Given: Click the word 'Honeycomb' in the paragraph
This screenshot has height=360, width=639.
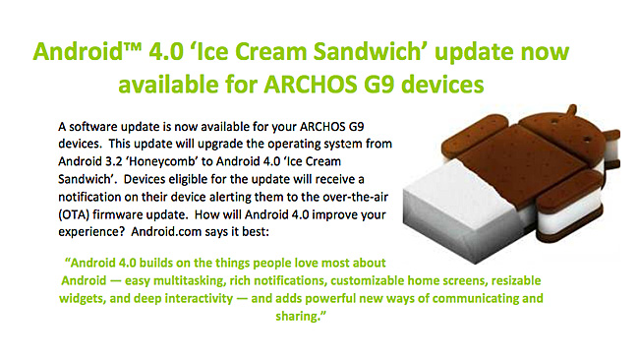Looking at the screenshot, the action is click(x=164, y=162).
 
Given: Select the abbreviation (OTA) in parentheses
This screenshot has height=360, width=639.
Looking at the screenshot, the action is click(x=74, y=214).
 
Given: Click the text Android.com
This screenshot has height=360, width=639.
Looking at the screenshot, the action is click(x=166, y=231).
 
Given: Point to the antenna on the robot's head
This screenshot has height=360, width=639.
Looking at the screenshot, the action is click(x=572, y=109).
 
